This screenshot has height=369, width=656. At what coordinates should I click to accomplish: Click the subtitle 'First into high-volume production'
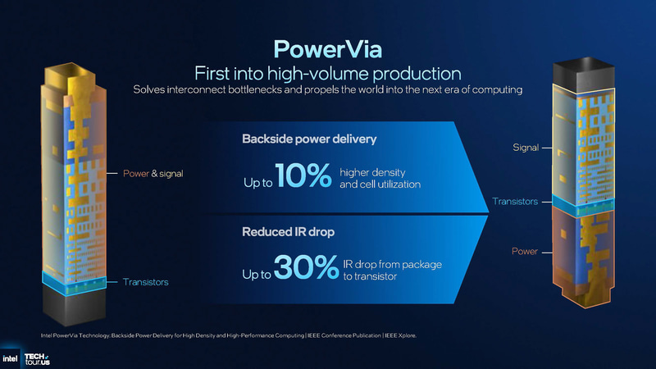click(327, 71)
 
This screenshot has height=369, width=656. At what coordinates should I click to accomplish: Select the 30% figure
click(305, 266)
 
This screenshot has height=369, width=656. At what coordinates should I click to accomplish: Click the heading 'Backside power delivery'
click(309, 139)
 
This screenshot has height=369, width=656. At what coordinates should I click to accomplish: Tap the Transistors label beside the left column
click(145, 282)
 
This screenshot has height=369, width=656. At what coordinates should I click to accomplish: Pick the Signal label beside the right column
click(525, 148)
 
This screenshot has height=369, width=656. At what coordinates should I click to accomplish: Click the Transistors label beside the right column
click(514, 201)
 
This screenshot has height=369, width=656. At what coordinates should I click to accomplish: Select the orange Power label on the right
click(525, 251)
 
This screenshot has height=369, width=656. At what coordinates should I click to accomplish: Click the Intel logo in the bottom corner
click(11, 357)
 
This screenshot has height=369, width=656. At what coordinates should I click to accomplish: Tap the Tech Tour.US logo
click(37, 357)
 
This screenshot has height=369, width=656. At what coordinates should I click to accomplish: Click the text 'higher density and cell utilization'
click(380, 178)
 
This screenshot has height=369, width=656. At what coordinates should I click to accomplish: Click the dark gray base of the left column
click(75, 308)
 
